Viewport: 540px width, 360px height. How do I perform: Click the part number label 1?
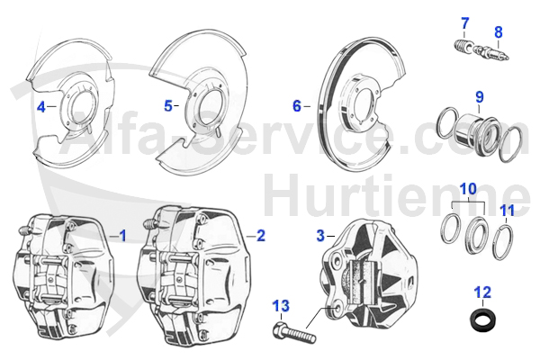[123, 236]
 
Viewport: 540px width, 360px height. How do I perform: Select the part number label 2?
[261, 236]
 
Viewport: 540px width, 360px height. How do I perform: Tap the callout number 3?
[319, 236]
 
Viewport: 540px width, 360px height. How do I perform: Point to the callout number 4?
[40, 107]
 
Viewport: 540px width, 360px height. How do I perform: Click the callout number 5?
[168, 105]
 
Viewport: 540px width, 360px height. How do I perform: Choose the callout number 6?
[297, 105]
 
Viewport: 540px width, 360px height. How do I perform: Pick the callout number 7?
[465, 22]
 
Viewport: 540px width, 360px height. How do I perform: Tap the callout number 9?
[480, 96]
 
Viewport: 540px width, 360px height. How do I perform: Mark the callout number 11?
[508, 212]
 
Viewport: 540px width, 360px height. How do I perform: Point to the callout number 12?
[482, 292]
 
